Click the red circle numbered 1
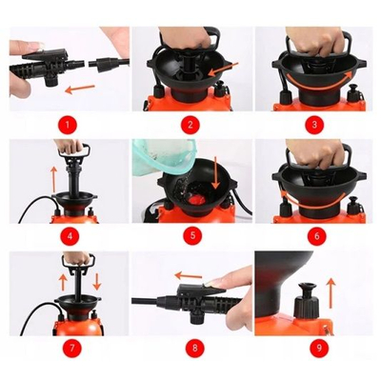tap(68, 125)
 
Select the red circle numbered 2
tap(190, 125)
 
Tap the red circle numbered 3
tap(314, 125)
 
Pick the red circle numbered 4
tap(70, 236)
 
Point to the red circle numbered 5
tap(192, 236)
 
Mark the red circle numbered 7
tap(72, 348)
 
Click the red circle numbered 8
tap(194, 348)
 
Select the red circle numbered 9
tap(319, 348)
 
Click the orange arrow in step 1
tap(80, 90)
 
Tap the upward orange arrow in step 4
tap(53, 180)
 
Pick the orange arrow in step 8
tap(189, 275)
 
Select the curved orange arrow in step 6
tap(312, 202)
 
